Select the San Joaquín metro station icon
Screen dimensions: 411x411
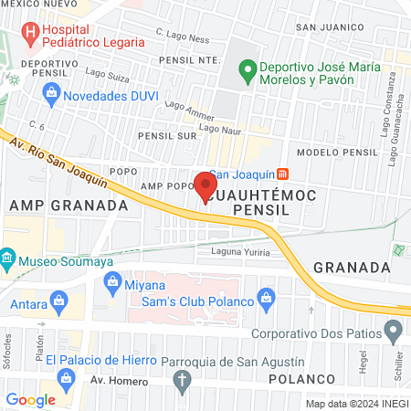coord(283,174)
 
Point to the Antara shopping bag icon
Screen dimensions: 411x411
coord(60,300)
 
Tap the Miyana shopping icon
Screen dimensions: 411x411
coord(113,284)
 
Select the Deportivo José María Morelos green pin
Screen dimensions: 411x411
coord(245,68)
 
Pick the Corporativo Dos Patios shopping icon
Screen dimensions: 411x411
coord(386,332)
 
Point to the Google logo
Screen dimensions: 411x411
coord(31,399)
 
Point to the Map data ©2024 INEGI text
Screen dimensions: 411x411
coord(356,404)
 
